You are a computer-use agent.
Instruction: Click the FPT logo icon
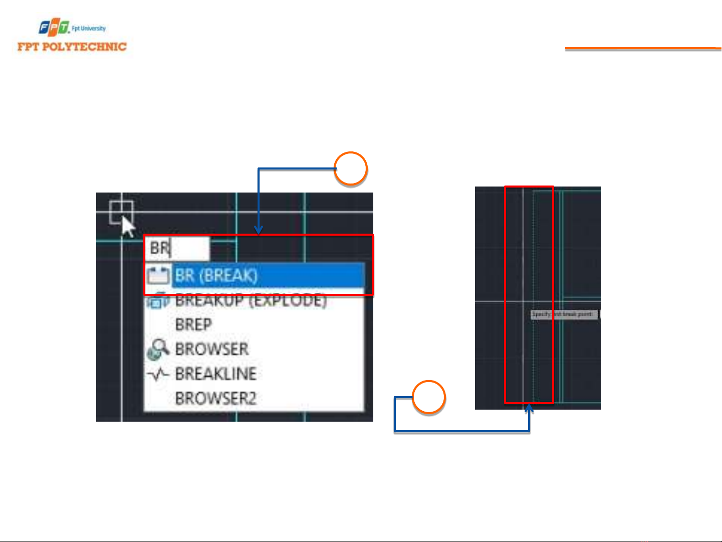pyautogui.click(x=54, y=28)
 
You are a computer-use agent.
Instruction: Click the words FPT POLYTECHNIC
pyautogui.click(x=72, y=47)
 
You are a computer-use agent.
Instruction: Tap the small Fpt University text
pyautogui.click(x=89, y=29)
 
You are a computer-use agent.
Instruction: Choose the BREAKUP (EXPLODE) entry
pyautogui.click(x=251, y=301)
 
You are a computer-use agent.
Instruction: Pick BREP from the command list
pyautogui.click(x=193, y=325)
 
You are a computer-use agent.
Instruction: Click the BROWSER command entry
pyautogui.click(x=211, y=349)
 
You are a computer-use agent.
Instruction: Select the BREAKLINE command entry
pyautogui.click(x=215, y=374)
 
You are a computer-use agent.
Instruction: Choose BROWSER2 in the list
pyautogui.click(x=215, y=399)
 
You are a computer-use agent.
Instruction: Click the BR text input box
pyautogui.click(x=177, y=248)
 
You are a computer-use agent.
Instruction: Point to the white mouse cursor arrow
pyautogui.click(x=127, y=226)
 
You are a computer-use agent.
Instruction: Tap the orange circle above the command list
pyautogui.click(x=351, y=169)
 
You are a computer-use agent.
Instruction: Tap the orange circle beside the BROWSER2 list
pyautogui.click(x=429, y=398)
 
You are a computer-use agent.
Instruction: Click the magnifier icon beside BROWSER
pyautogui.click(x=158, y=349)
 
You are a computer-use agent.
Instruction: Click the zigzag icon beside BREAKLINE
pyautogui.click(x=158, y=374)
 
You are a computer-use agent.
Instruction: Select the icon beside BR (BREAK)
pyautogui.click(x=158, y=276)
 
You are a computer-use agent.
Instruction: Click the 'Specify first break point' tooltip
pyautogui.click(x=564, y=314)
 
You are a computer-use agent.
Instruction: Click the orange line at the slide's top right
pyautogui.click(x=643, y=49)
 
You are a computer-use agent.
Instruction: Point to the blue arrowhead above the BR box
pyautogui.click(x=259, y=231)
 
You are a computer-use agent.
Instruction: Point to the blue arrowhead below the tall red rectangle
pyautogui.click(x=529, y=409)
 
